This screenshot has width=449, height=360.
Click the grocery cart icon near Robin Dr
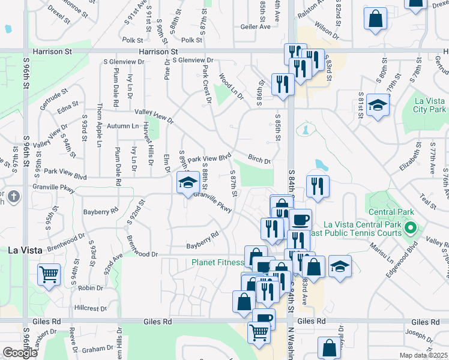tap(49, 275)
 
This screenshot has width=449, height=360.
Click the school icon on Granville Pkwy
tap(188, 182)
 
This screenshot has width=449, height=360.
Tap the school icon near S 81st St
tap(377, 106)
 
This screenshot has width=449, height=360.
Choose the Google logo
tap(20, 352)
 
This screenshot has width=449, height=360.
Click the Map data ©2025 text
tap(424, 355)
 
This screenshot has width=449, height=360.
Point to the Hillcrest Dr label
tap(90, 308)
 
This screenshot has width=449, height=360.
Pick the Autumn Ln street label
tap(122, 126)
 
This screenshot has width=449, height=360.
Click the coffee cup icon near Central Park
tap(300, 220)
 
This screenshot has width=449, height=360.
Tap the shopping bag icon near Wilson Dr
tap(375, 18)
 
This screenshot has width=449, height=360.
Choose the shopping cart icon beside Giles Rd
tap(259, 331)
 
